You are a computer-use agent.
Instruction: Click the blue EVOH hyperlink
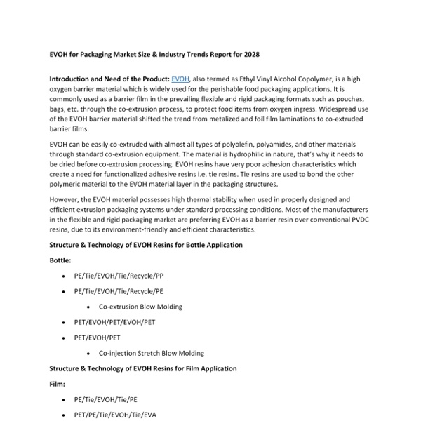(180, 80)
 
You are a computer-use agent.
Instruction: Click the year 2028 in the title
(250, 54)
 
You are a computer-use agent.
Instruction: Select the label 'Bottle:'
(60, 260)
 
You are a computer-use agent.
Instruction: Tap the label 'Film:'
(57, 384)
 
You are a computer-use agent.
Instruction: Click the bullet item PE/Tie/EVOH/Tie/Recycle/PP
(119, 276)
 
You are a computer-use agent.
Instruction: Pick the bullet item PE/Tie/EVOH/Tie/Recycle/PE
(119, 291)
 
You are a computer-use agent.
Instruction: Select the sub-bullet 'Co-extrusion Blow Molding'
(140, 307)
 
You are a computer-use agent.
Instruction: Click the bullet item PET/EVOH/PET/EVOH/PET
(115, 322)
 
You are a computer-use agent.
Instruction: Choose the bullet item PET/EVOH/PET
(98, 338)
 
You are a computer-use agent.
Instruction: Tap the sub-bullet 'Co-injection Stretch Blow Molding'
(152, 353)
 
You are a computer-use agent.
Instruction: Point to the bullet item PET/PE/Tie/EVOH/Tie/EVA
(115, 415)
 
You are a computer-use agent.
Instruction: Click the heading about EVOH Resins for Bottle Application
(146, 245)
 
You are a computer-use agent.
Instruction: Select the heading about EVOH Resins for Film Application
(142, 368)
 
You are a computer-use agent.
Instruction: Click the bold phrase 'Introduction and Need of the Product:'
(109, 80)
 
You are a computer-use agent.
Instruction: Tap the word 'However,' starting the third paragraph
(65, 200)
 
